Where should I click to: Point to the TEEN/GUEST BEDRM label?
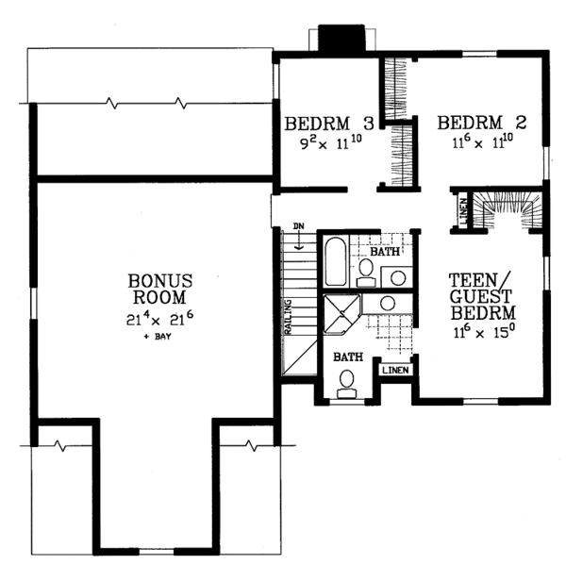pyautogui.click(x=482, y=295)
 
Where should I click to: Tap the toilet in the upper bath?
pyautogui.click(x=367, y=271)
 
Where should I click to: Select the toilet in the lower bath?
pyautogui.click(x=346, y=381)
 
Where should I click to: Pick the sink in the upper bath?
pyautogui.click(x=399, y=277)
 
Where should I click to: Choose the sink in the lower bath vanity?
pyautogui.click(x=386, y=303)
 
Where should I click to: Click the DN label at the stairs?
pyautogui.click(x=298, y=226)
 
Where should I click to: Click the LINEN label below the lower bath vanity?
pyautogui.click(x=395, y=370)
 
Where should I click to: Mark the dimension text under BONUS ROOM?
pyautogui.click(x=161, y=318)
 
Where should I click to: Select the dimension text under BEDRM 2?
pyautogui.click(x=481, y=144)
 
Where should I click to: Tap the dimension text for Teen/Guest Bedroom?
pyautogui.click(x=483, y=332)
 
